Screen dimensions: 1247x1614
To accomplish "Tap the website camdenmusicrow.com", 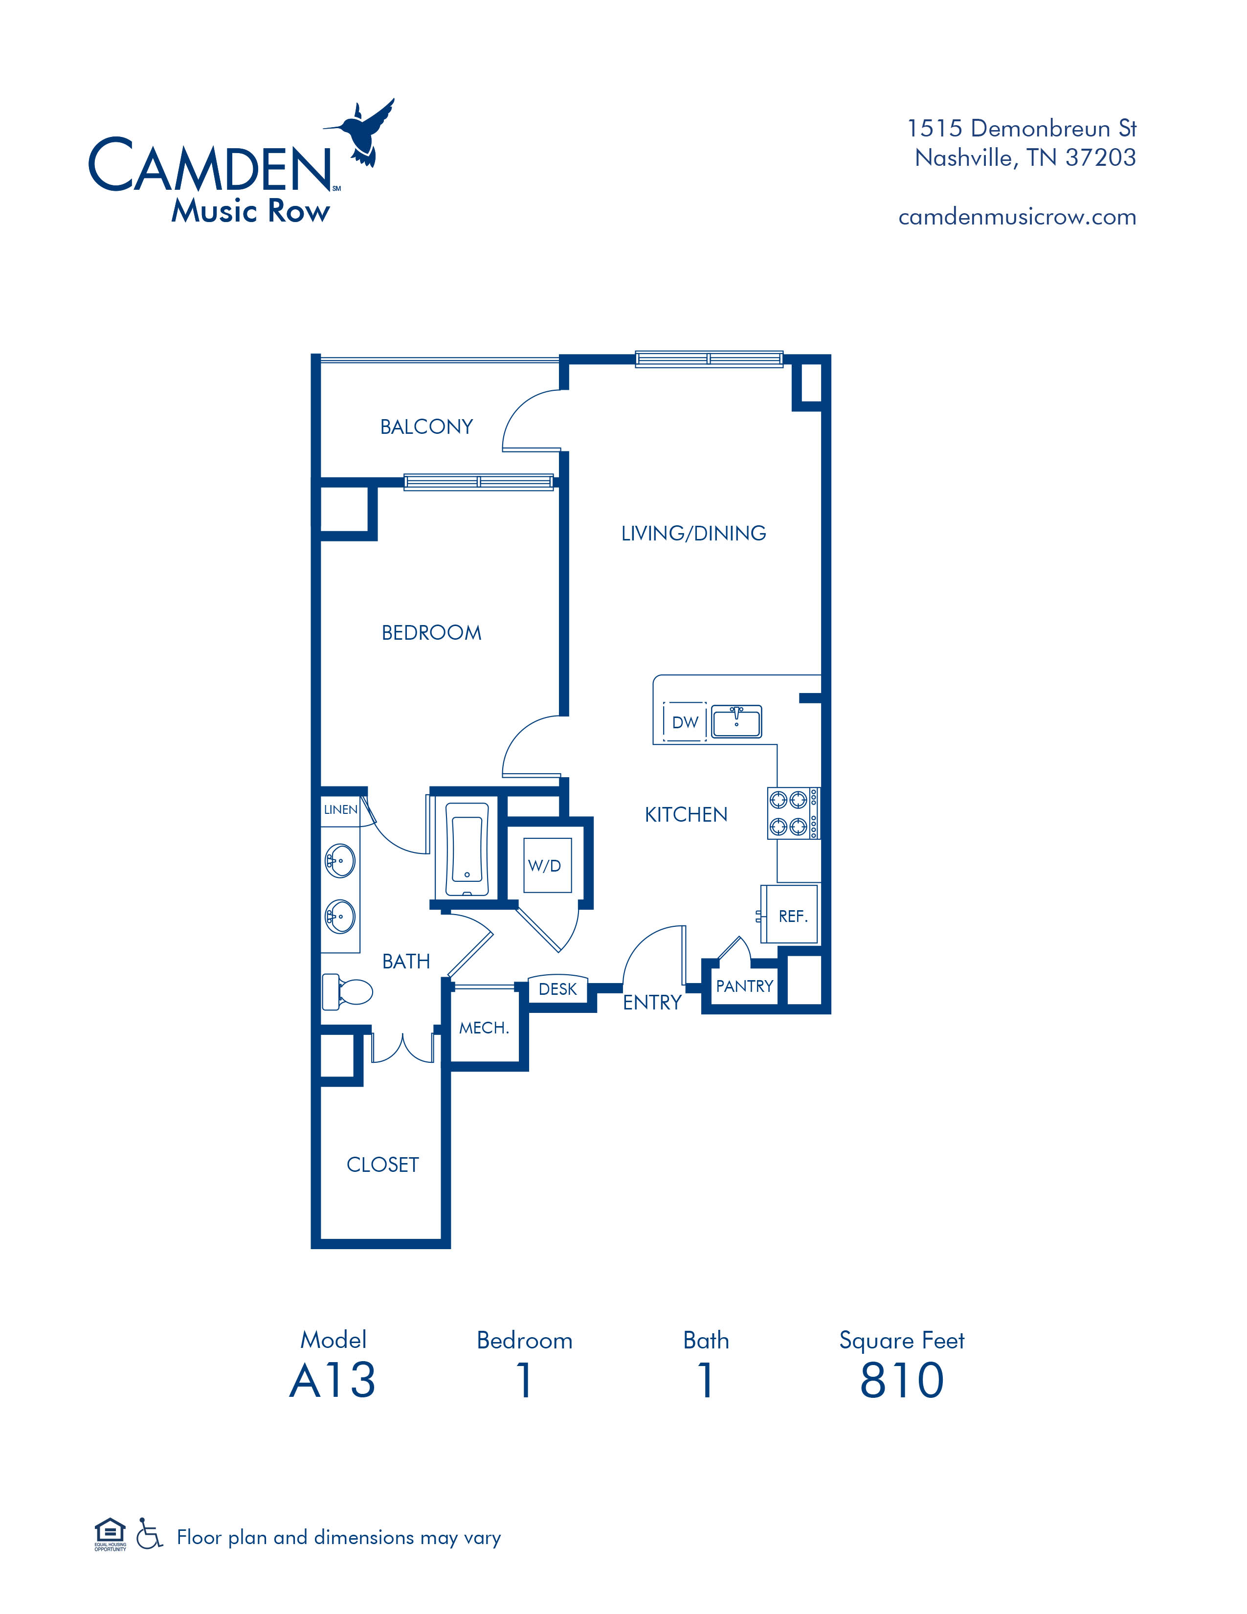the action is tap(1017, 217).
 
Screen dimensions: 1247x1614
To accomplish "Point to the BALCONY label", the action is tap(426, 426).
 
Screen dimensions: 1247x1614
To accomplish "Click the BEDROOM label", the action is tap(431, 632).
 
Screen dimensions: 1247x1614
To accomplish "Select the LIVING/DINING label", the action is tap(694, 534).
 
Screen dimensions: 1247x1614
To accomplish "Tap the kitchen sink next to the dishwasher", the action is tap(736, 721).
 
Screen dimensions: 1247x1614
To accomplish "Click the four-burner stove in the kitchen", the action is tap(793, 813).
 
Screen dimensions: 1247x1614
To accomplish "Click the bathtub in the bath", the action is tap(467, 850).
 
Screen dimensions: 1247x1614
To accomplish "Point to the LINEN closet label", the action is tap(340, 810).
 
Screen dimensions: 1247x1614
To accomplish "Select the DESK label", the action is tap(558, 989).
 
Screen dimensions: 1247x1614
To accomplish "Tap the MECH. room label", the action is tap(484, 1028).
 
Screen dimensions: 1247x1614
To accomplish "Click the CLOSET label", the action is tap(383, 1165).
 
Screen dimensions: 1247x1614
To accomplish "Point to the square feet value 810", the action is tap(902, 1381).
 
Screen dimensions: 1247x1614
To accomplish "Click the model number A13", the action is tap(333, 1381).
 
